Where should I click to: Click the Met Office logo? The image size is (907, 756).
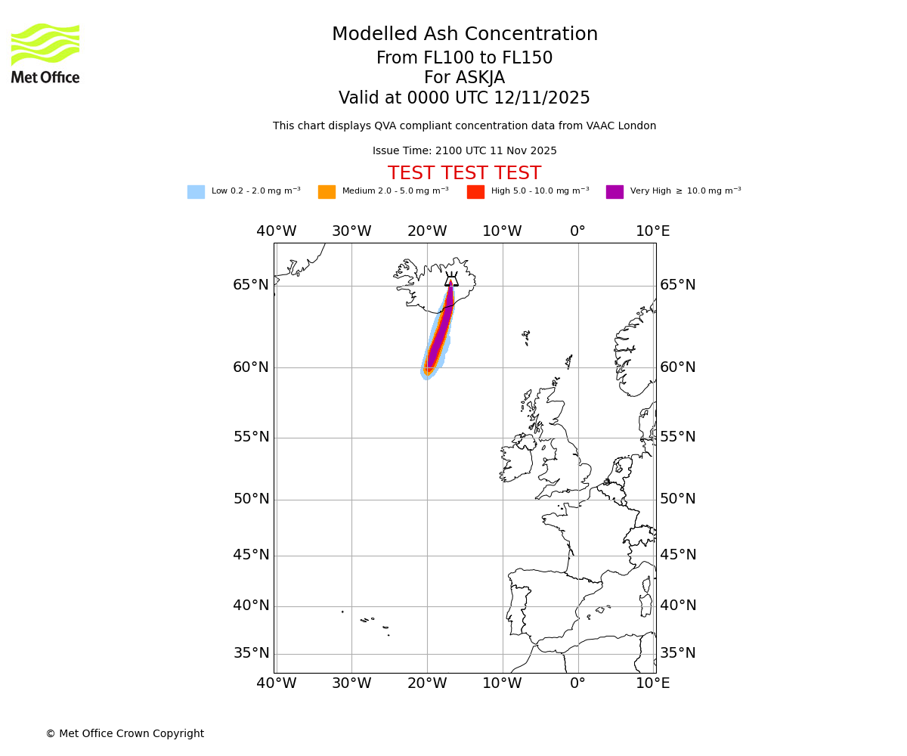point(45,53)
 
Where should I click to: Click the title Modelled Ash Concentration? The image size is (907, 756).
point(465,35)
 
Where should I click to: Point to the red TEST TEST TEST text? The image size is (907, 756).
point(464,174)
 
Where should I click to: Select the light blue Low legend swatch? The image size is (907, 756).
point(196,192)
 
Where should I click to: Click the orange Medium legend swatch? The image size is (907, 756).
point(327,192)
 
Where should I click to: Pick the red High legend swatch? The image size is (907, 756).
point(475,192)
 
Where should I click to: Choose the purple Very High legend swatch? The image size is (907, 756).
point(614,192)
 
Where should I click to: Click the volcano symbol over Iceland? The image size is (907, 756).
point(451,280)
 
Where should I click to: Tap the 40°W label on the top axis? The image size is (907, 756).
point(276,231)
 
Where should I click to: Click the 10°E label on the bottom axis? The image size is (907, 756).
point(653,683)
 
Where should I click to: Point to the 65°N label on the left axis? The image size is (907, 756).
point(251,285)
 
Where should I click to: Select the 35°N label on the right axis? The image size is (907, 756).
point(678,653)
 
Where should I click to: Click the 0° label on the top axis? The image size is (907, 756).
point(577,231)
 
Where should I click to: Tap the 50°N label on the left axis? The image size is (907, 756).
point(251,499)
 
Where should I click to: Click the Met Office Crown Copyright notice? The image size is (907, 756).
point(125,733)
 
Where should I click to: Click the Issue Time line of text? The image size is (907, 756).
point(464,151)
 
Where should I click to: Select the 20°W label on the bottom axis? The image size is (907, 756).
point(427,683)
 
